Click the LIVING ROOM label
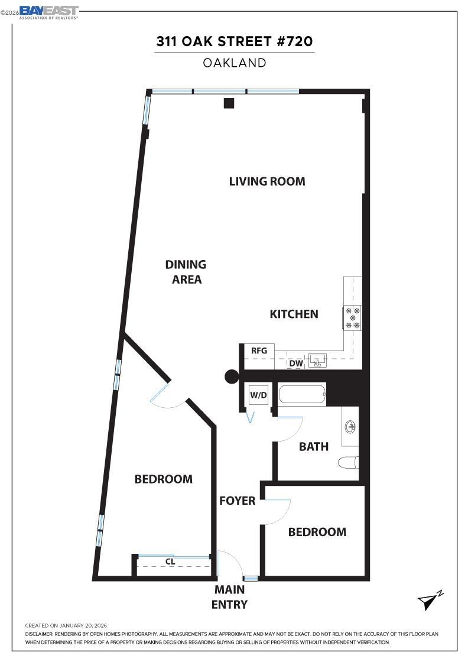(x=267, y=181)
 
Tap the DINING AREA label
(x=186, y=272)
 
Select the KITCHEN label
(x=294, y=314)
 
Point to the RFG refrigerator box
(x=259, y=351)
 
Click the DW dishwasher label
(x=296, y=364)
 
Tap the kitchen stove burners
(x=353, y=318)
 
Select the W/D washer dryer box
(x=258, y=394)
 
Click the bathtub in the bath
(x=301, y=395)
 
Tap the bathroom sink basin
(x=350, y=425)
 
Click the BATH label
(x=313, y=446)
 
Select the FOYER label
(x=237, y=501)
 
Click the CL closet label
(x=170, y=562)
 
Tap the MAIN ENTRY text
(x=229, y=597)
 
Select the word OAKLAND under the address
(x=235, y=63)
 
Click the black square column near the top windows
(x=229, y=103)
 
